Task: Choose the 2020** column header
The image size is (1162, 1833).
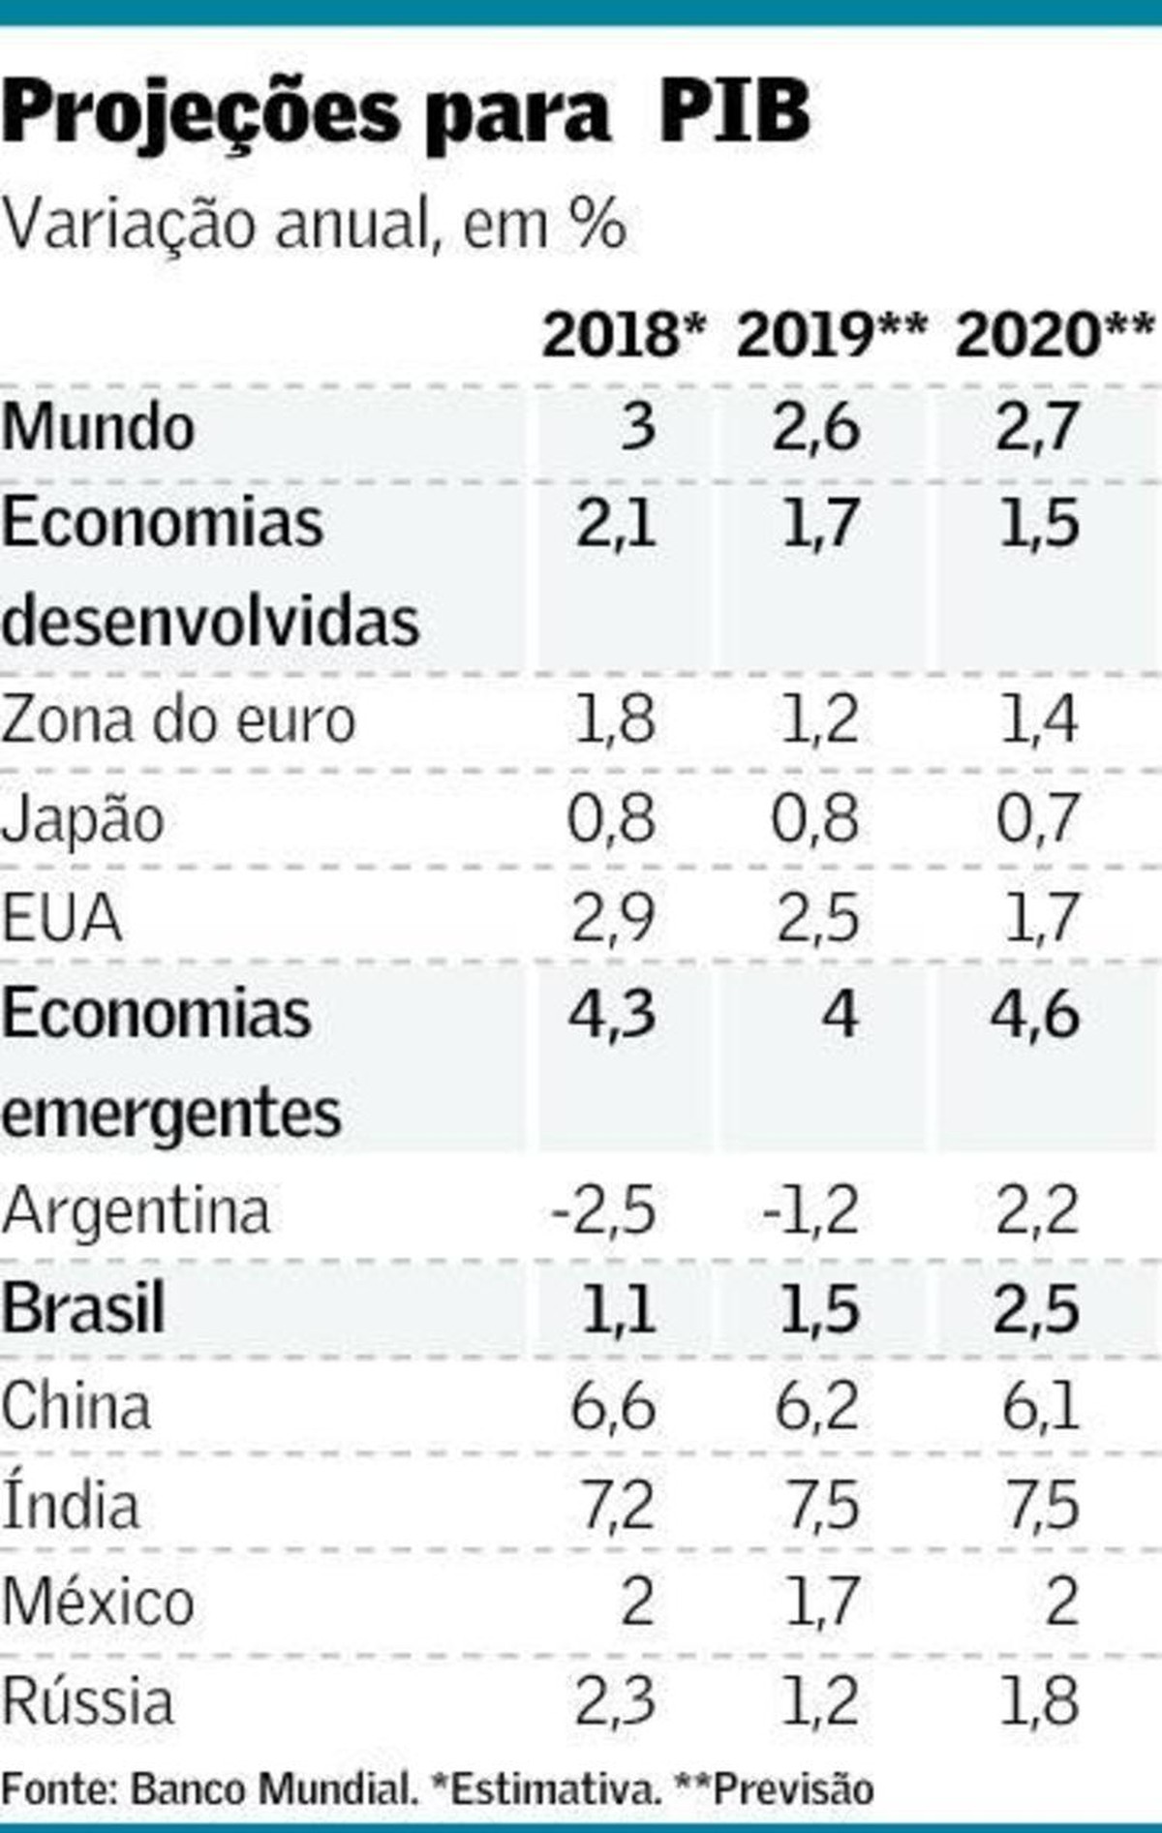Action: pos(1055,336)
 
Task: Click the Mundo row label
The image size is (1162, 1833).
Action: pos(98,427)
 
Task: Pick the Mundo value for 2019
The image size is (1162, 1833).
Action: pos(815,427)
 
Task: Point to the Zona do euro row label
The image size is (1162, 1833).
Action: pos(178,721)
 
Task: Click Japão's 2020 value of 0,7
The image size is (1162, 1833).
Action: pos(1037,819)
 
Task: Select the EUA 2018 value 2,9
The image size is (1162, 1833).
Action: pos(613,918)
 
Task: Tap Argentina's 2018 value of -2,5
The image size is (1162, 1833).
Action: pos(604,1211)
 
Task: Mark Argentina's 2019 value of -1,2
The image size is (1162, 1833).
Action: pos(810,1211)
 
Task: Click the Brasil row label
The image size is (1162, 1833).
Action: pos(83,1309)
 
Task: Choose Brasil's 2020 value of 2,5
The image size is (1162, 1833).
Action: pos(1037,1309)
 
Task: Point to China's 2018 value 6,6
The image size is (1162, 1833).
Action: pos(613,1407)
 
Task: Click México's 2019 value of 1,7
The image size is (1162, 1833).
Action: pos(820,1603)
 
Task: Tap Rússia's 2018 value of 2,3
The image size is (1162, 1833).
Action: pos(615,1701)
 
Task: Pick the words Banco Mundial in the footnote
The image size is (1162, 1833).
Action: pos(271,1788)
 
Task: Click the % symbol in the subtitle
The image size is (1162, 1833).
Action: pos(596,226)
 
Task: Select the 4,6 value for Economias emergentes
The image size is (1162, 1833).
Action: pos(1035,1016)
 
